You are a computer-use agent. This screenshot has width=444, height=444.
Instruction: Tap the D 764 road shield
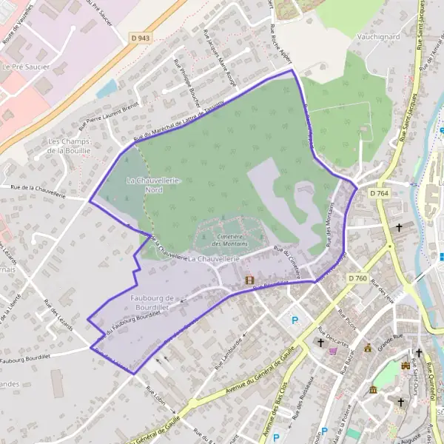pos(379,192)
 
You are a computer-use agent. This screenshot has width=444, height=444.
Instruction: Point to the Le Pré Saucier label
pos(19,67)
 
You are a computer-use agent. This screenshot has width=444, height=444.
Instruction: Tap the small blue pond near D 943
pos(107,89)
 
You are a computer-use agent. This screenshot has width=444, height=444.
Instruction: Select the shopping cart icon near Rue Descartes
pos(332,351)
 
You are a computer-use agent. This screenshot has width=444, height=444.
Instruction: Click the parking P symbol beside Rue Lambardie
pos(296,320)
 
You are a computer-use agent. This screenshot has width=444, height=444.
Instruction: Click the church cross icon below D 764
pos(400,227)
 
